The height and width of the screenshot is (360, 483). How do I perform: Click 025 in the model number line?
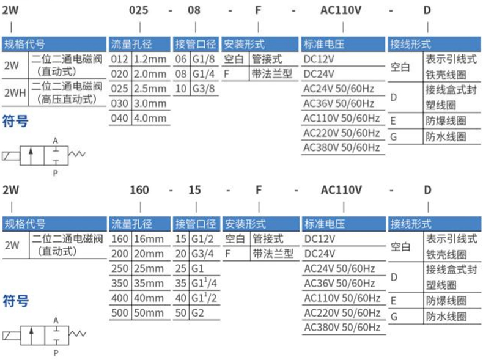point(141,10)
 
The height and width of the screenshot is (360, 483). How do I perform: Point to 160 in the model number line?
point(140,190)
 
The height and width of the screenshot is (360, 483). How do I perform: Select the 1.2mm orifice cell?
point(149,60)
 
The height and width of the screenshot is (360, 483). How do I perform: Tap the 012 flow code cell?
point(120,60)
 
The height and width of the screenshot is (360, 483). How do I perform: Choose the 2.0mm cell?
point(149,75)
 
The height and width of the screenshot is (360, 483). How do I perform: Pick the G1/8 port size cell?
point(204,60)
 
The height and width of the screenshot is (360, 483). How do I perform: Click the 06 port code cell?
point(182,60)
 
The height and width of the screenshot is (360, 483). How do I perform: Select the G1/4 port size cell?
point(204,75)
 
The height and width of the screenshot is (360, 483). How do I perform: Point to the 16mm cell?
point(149,239)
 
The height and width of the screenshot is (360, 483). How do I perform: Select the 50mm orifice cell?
point(149,313)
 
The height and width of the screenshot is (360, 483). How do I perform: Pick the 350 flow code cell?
point(120,284)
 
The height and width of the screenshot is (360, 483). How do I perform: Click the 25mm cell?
point(149,269)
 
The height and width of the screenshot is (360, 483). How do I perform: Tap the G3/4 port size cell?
point(204,254)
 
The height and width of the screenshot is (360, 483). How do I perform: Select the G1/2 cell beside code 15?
point(204,239)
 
